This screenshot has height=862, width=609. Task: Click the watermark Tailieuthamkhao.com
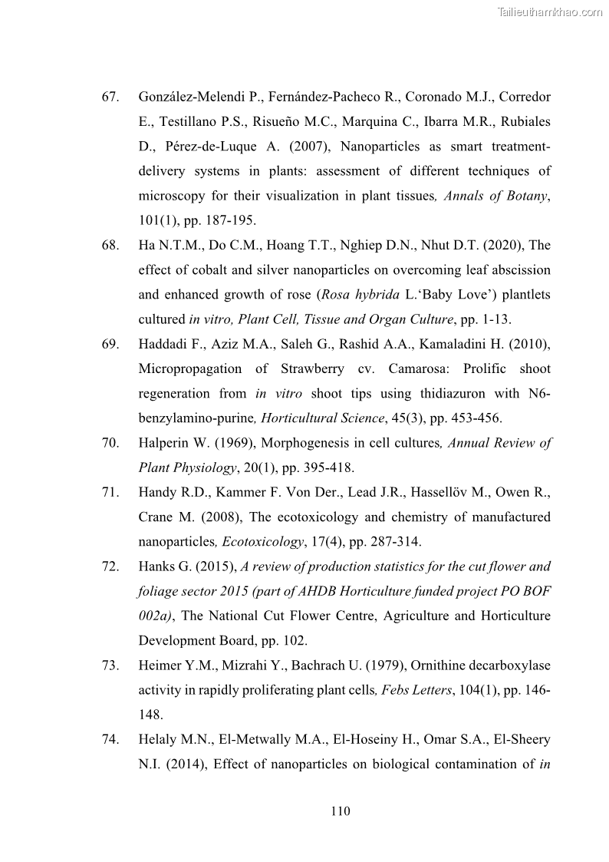tap(550, 12)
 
